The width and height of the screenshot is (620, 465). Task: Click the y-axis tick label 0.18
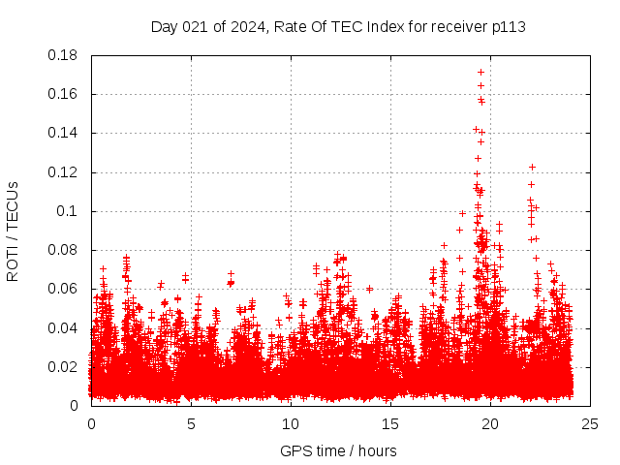click(66, 55)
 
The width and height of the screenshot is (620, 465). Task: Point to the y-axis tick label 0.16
click(66, 94)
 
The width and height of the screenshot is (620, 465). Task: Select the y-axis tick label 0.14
click(66, 133)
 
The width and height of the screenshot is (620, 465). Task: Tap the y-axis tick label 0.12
click(66, 172)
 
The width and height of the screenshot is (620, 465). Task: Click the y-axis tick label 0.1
click(71, 211)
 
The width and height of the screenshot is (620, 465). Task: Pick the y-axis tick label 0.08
click(66, 250)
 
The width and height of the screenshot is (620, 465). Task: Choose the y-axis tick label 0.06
click(66, 289)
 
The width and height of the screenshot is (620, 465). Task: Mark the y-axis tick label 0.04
click(66, 327)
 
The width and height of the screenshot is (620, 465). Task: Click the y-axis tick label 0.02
click(66, 366)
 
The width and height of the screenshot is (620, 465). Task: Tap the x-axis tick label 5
click(191, 423)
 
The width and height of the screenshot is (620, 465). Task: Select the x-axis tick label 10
click(291, 423)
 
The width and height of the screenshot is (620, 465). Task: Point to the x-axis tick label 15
click(390, 423)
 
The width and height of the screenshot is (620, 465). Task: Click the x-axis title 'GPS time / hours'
click(338, 450)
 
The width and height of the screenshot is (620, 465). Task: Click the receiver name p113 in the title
click(508, 26)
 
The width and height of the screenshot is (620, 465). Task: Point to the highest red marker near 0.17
click(480, 72)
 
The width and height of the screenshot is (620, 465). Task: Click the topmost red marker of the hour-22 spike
click(532, 167)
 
